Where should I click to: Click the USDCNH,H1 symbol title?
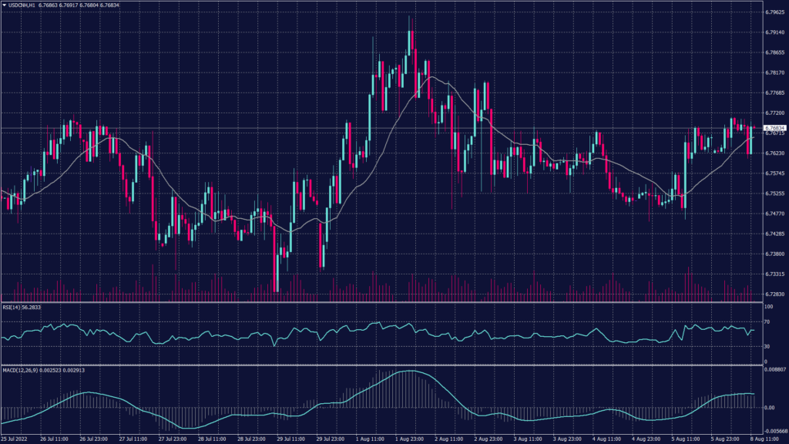point(29,5)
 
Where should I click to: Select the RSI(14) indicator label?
point(12,307)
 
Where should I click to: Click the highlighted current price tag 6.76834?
point(774,127)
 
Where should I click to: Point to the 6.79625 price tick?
point(774,12)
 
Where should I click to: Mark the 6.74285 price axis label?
point(774,234)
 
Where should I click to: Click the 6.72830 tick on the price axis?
point(774,294)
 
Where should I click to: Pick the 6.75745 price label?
point(774,173)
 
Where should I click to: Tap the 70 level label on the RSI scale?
point(767,321)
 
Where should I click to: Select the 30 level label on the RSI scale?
point(767,345)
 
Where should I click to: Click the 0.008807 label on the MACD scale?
point(774,371)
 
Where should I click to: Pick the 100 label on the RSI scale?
point(768,306)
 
